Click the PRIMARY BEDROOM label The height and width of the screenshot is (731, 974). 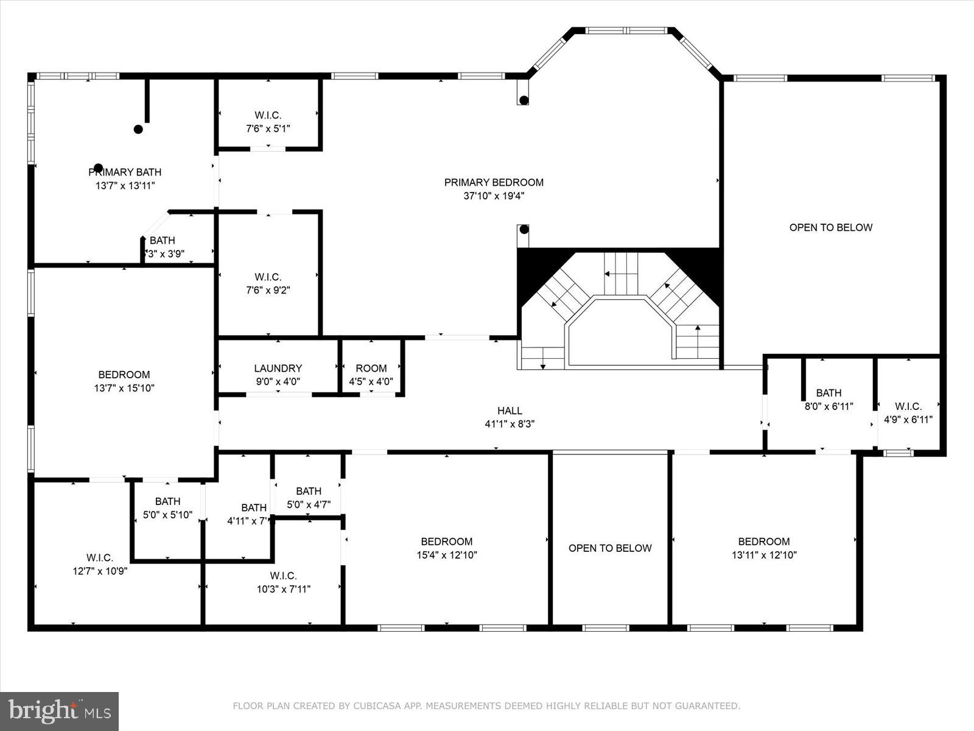point(494,182)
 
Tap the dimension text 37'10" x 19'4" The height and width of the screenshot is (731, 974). point(494,196)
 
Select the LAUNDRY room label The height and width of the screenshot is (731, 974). point(278,368)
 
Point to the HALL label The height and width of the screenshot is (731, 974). point(510,411)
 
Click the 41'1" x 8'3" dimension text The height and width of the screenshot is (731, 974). point(510,424)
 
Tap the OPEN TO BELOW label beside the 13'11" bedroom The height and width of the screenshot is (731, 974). point(610,548)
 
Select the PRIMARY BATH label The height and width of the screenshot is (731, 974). point(125,172)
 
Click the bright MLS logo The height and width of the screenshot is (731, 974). point(60,711)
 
